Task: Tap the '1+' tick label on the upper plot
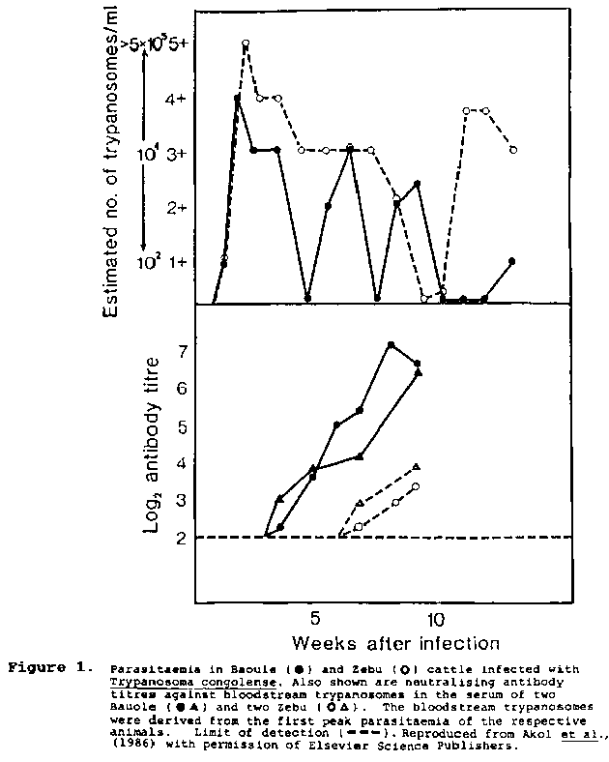(175, 262)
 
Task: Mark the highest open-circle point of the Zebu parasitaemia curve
(246, 44)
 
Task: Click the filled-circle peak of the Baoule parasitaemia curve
(237, 98)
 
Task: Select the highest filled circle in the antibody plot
(391, 344)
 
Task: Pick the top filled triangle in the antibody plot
(419, 371)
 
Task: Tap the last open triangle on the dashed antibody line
(416, 466)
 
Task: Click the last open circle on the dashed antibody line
(416, 486)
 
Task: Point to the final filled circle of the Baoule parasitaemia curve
(511, 261)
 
